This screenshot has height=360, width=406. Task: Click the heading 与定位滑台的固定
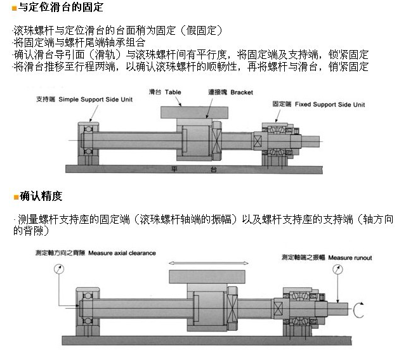pyautogui.click(x=57, y=8)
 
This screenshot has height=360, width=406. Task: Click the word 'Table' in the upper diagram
pyautogui.click(x=173, y=92)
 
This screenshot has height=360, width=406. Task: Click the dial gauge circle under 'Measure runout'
pyautogui.click(x=337, y=269)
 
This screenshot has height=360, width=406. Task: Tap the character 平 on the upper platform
pyautogui.click(x=175, y=169)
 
